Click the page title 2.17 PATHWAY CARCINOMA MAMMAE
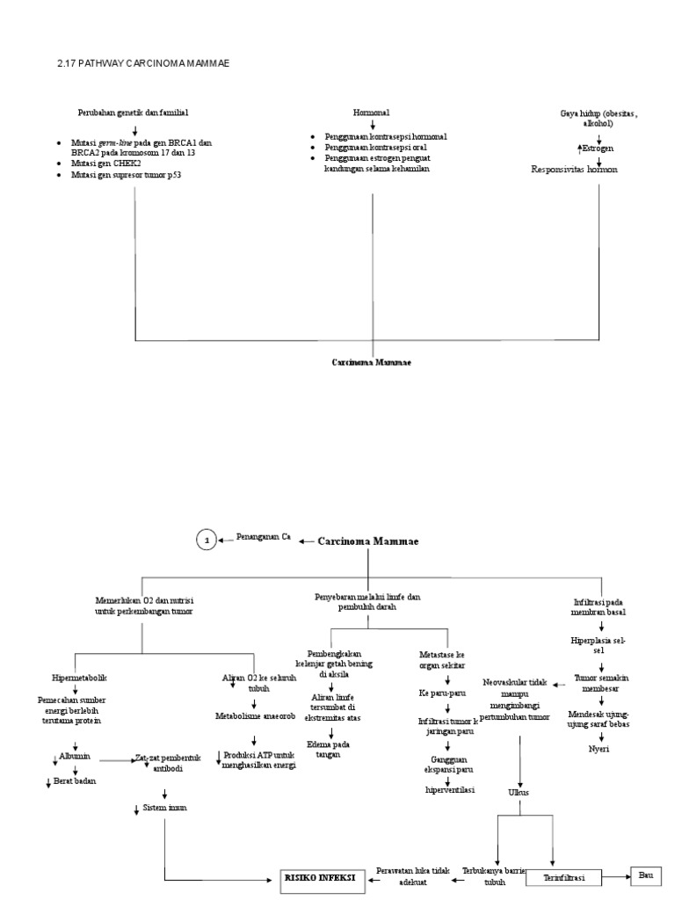[147, 63]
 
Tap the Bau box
[646, 876]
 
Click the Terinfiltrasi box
[569, 878]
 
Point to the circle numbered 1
[206, 541]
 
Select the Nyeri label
[599, 748]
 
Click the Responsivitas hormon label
[574, 170]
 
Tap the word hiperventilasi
[449, 789]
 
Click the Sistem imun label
[166, 808]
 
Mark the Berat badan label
[76, 780]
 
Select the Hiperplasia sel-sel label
[599, 647]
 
